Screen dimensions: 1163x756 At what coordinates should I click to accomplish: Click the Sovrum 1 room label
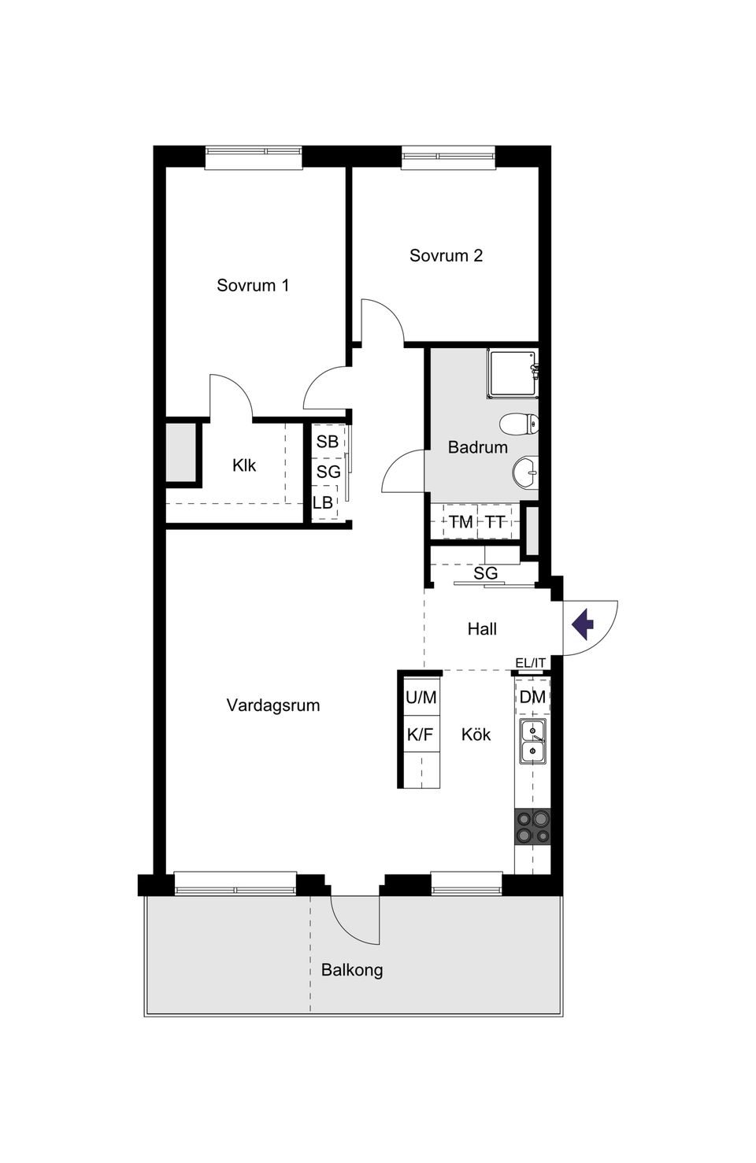[253, 285]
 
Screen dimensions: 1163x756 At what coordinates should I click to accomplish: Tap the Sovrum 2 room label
[446, 255]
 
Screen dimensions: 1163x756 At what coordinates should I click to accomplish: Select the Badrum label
[477, 447]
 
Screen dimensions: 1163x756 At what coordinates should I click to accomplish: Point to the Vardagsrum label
[273, 705]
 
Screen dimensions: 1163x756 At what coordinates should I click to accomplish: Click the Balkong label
[352, 969]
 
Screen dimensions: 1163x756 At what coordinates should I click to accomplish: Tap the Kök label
[476, 734]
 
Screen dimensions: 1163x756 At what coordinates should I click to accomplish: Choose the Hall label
[482, 628]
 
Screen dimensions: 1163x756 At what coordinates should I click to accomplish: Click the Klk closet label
[244, 465]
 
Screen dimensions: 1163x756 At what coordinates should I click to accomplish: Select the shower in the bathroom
[513, 373]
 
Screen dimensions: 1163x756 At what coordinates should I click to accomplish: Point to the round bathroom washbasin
[525, 474]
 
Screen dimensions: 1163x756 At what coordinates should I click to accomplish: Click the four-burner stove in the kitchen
[532, 827]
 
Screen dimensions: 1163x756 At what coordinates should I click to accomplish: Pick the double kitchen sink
[532, 742]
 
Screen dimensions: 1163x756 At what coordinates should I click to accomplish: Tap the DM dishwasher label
[532, 697]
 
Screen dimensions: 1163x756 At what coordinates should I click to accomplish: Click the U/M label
[421, 697]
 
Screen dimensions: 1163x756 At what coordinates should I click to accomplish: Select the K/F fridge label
[420, 735]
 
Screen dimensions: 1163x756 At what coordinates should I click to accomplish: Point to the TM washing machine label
[461, 521]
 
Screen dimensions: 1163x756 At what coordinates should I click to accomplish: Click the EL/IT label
[530, 663]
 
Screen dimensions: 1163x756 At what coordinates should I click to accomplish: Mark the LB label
[323, 502]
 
